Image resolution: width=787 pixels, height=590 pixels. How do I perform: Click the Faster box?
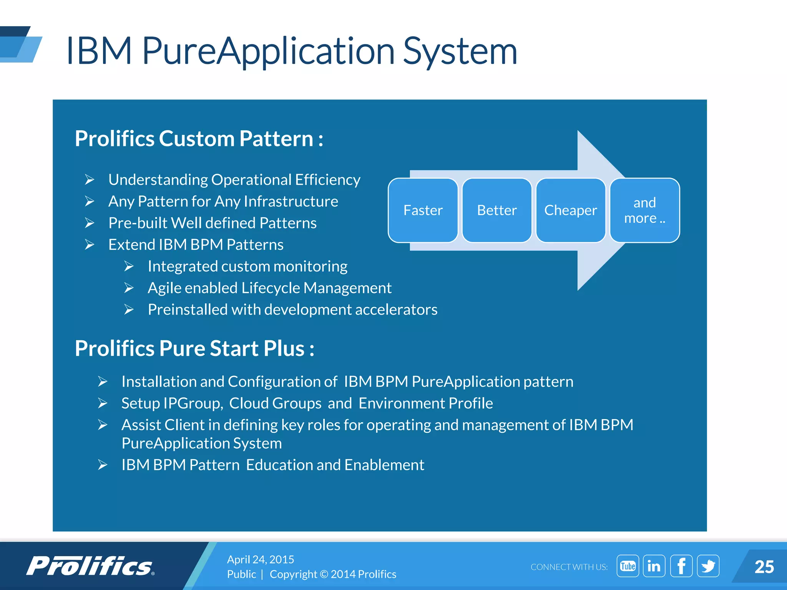tap(423, 210)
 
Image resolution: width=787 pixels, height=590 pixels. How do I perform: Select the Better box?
tap(496, 210)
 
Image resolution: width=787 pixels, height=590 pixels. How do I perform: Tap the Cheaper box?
tap(570, 210)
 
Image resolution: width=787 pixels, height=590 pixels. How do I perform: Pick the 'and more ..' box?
tap(644, 210)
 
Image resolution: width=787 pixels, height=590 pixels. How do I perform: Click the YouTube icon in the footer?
tap(628, 566)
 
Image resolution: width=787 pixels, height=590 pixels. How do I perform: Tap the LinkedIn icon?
tap(654, 566)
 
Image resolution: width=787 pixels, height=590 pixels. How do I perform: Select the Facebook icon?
tap(681, 566)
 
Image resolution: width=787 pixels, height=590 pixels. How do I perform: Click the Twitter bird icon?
tap(708, 566)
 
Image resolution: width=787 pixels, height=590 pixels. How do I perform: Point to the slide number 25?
tap(764, 567)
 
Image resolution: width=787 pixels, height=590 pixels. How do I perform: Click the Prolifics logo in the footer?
tap(90, 566)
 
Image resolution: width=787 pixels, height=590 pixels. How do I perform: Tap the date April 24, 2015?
tap(260, 559)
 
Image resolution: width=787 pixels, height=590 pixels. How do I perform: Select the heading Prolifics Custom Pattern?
tap(199, 139)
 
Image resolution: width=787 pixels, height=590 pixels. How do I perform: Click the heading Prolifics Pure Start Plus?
tap(194, 348)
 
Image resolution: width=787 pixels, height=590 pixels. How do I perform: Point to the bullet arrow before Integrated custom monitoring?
tap(129, 266)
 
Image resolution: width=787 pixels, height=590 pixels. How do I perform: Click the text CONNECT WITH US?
tap(569, 567)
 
